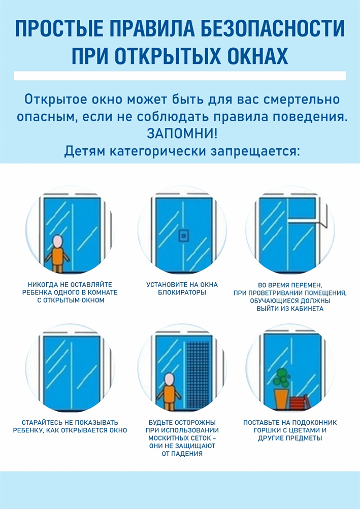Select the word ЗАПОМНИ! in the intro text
[182, 133]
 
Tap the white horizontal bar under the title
[180, 76]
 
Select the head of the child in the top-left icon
[57, 241]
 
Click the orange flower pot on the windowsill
[281, 399]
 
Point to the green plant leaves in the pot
[281, 378]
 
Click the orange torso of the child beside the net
[169, 394]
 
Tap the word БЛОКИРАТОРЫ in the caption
[182, 292]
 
